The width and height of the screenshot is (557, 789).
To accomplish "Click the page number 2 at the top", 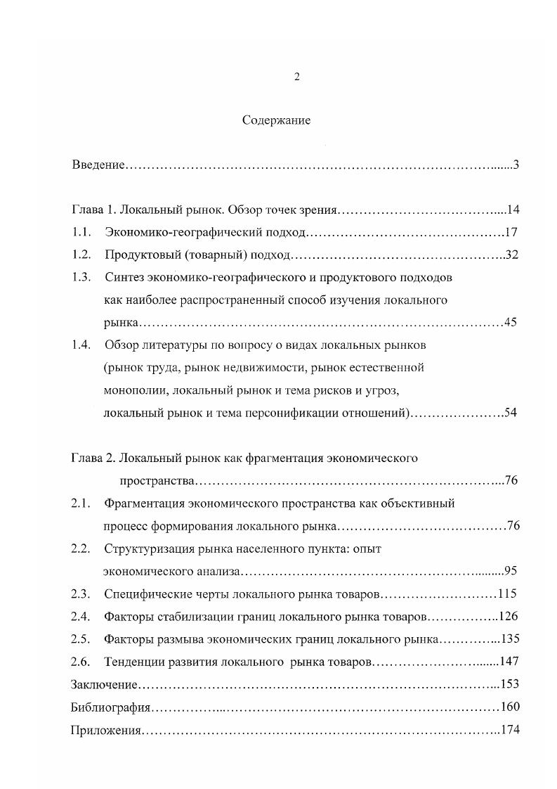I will [x=297, y=77].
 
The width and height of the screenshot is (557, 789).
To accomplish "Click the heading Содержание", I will [x=276, y=120].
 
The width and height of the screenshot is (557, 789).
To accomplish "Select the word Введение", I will [x=98, y=165].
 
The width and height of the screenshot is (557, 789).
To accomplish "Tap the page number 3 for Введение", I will [x=516, y=165].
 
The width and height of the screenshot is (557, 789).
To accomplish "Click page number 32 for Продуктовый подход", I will [x=511, y=255].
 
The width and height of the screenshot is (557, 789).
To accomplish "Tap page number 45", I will [x=511, y=323].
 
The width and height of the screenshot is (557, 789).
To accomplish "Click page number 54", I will [x=511, y=413].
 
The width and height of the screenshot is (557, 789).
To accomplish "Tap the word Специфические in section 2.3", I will [x=146, y=594].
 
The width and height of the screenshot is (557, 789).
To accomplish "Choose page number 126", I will [x=508, y=617].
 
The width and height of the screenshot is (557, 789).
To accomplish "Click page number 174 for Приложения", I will [x=509, y=730].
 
